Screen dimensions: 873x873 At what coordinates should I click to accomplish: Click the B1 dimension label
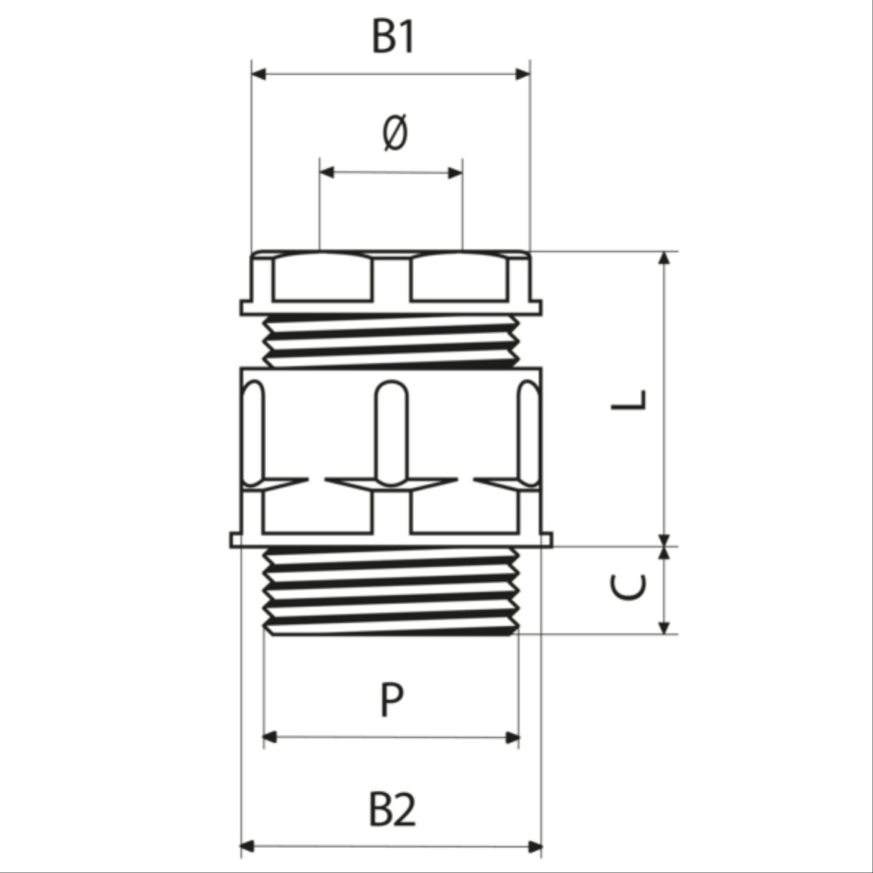click(x=393, y=37)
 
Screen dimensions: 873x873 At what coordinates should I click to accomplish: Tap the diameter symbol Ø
click(x=395, y=133)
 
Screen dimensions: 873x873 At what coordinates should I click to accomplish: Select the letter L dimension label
click(x=628, y=399)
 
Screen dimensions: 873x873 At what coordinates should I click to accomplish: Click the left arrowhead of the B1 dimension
click(x=259, y=74)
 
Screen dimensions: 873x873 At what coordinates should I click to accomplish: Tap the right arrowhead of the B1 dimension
click(x=523, y=74)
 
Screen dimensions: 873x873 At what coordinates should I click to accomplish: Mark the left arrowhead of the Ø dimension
click(x=327, y=172)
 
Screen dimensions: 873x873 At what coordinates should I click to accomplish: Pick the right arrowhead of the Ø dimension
click(x=455, y=172)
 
